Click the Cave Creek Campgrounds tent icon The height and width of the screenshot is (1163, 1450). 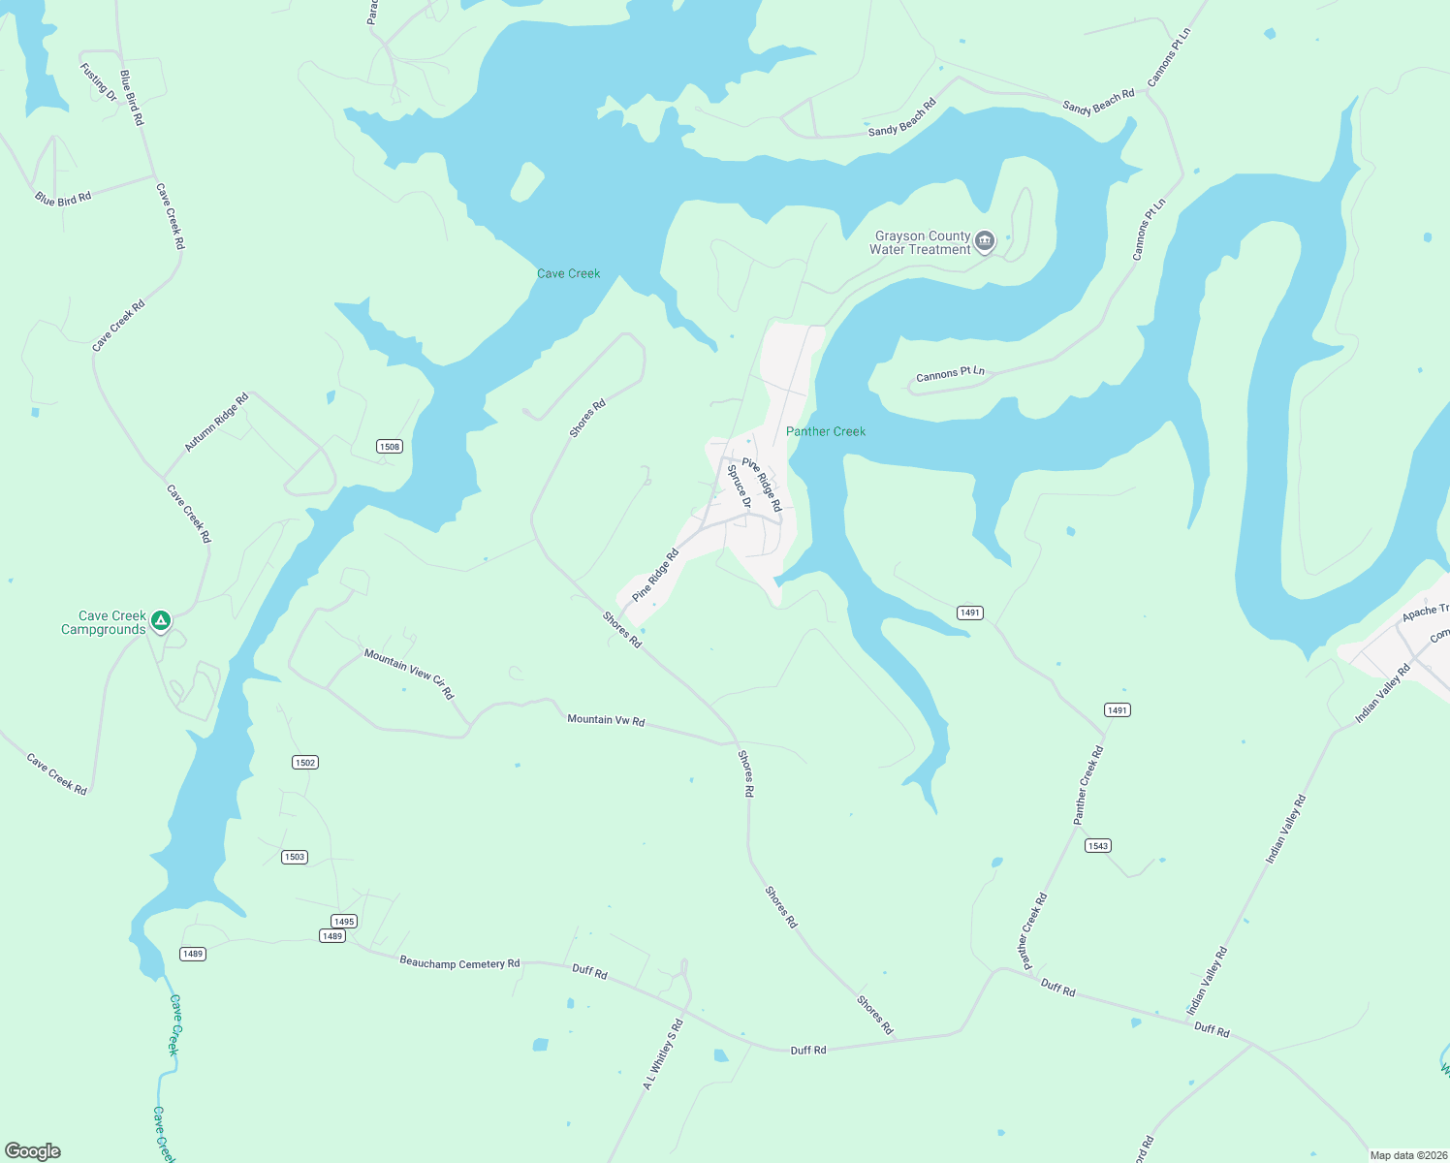point(162,620)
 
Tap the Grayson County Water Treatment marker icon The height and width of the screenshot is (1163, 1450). point(985,241)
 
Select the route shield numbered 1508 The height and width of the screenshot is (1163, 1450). point(390,447)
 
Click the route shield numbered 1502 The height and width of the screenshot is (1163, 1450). point(305,763)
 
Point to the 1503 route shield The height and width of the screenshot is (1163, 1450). point(295,857)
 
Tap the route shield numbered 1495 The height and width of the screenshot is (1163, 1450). point(344,922)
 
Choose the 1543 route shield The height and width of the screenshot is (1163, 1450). point(1097,846)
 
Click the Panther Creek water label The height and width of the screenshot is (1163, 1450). point(826,431)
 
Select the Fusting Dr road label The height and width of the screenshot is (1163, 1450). point(98,82)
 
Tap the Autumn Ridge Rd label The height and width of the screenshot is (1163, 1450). point(217,423)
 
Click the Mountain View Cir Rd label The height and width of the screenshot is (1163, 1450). point(409,674)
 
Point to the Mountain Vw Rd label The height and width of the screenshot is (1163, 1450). point(606,720)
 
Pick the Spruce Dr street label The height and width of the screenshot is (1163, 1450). point(739,487)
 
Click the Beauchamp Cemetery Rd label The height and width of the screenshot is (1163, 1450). point(459,963)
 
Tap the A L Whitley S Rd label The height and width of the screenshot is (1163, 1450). point(663,1054)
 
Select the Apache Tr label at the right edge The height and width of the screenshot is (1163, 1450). point(1426,613)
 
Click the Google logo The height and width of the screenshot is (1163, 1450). point(33,1151)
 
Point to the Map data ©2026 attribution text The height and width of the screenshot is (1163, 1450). point(1407,1155)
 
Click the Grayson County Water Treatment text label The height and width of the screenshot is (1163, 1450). point(920,242)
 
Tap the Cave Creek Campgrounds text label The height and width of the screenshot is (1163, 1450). point(104,622)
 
